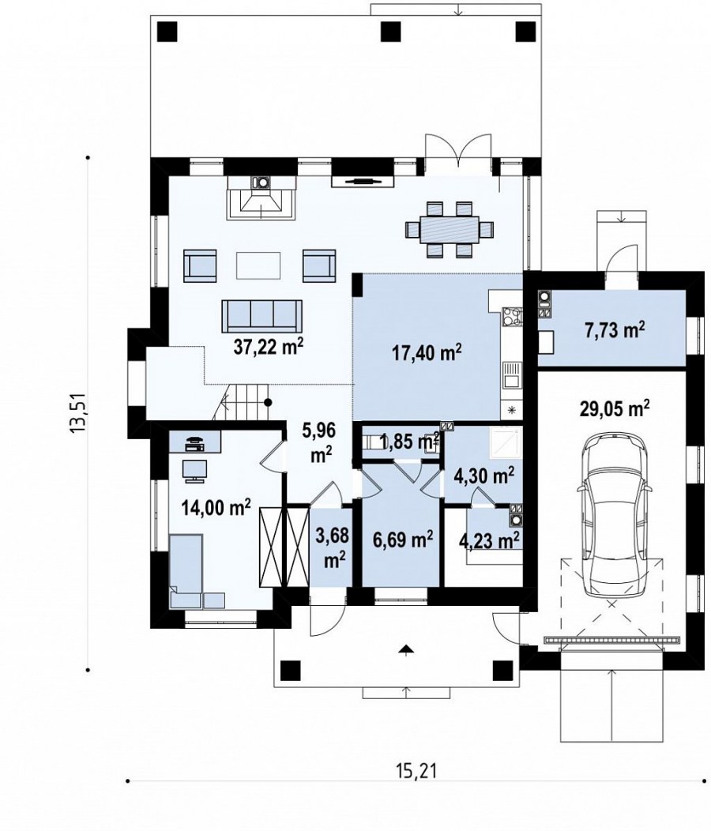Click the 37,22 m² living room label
click(269, 346)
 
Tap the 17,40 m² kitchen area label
click(427, 352)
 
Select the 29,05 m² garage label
click(615, 408)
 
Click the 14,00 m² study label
click(216, 507)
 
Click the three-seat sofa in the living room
click(262, 315)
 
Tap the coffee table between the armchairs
click(258, 265)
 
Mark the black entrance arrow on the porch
click(406, 650)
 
